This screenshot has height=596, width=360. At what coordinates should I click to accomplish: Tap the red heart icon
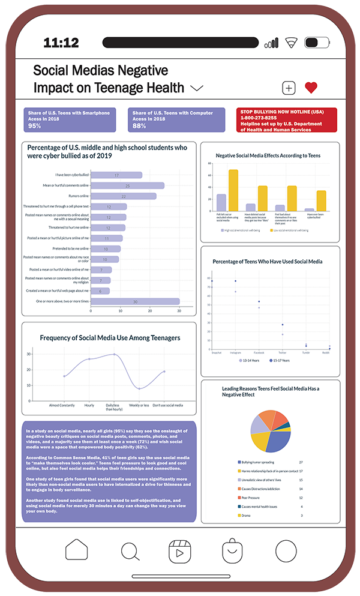310,88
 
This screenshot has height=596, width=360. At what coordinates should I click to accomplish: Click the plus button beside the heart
289,88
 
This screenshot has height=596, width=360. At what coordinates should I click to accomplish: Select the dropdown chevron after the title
197,88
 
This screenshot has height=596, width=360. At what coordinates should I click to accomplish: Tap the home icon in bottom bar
77,550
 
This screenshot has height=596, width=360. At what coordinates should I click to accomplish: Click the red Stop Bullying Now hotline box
278,119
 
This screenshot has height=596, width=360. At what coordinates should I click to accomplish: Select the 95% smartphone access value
35,126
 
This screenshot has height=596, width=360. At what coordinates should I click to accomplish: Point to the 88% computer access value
139,126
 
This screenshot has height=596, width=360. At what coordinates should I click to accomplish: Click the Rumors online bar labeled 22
123,196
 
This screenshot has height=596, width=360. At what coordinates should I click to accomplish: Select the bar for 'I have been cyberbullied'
116,175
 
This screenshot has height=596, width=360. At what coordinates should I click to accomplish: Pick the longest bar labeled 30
135,301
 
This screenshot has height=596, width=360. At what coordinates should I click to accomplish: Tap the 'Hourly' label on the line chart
89,405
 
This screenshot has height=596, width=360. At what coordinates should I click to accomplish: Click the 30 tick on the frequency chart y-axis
28,354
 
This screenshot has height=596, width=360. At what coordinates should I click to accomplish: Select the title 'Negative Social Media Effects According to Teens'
268,155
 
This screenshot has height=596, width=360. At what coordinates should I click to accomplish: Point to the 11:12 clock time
61,43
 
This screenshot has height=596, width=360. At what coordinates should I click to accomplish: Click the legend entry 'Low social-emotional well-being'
294,230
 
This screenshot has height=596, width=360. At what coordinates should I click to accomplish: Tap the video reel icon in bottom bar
180,550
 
